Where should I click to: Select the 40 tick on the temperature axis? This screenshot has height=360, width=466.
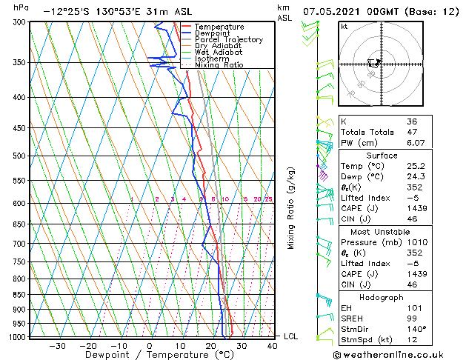272,345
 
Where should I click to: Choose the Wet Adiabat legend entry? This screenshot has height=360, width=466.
218,53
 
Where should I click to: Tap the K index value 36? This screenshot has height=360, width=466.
412,121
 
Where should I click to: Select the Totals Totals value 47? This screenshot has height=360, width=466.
412,133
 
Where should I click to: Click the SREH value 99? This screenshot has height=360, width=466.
412,318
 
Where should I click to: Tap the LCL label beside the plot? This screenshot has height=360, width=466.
291,336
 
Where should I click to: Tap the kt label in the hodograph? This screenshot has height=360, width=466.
344,27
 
